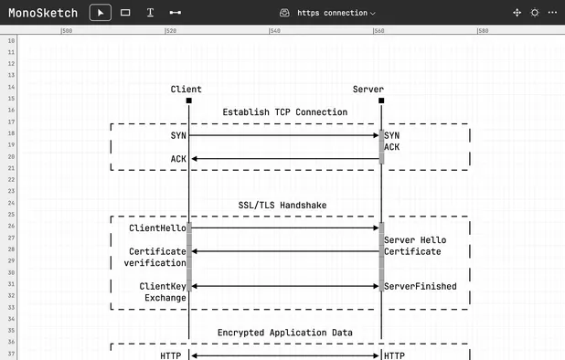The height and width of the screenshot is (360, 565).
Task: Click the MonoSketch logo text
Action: pos(43,13)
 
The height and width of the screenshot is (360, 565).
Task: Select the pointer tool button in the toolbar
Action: pos(101,13)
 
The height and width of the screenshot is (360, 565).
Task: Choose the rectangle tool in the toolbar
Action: pos(125,13)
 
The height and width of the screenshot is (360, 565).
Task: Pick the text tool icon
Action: pos(150,13)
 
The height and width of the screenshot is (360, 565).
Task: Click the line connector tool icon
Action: pos(175,13)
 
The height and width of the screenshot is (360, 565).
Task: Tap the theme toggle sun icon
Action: pos(535,13)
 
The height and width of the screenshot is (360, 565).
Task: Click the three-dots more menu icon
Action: pos(552,13)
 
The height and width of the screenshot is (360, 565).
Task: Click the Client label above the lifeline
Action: pos(186,89)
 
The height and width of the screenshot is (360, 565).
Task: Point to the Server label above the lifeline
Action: pos(368,89)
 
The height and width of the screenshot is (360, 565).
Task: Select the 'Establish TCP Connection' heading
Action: pos(284,112)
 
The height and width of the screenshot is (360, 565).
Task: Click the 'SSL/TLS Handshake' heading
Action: pos(284,206)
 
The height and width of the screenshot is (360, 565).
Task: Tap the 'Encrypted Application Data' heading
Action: pos(284,333)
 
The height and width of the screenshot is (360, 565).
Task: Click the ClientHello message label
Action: pos(157,228)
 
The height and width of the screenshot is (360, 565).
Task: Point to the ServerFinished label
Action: pos(421,286)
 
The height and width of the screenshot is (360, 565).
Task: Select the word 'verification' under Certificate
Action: pos(155,263)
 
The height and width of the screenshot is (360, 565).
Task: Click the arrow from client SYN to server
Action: pos(284,135)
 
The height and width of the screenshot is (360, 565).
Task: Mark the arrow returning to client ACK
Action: pos(284,159)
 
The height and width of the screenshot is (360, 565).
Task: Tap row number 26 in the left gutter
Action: pos(10,228)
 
